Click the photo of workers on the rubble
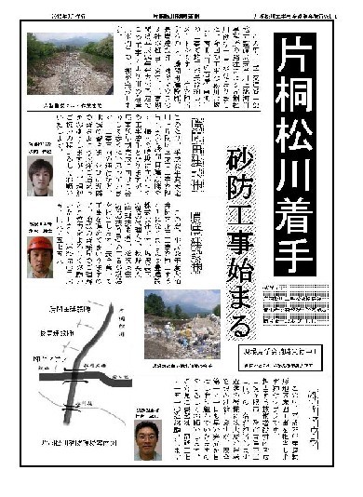coord(181,320)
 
